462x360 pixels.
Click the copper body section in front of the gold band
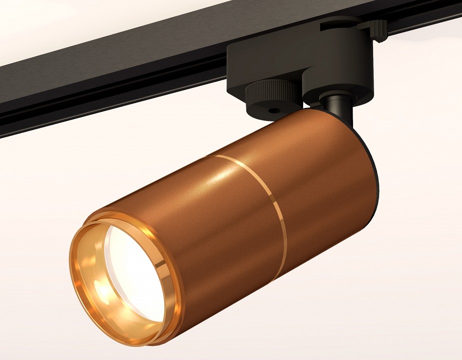click(x=215, y=235)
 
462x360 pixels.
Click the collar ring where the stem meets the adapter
click(x=330, y=97)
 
